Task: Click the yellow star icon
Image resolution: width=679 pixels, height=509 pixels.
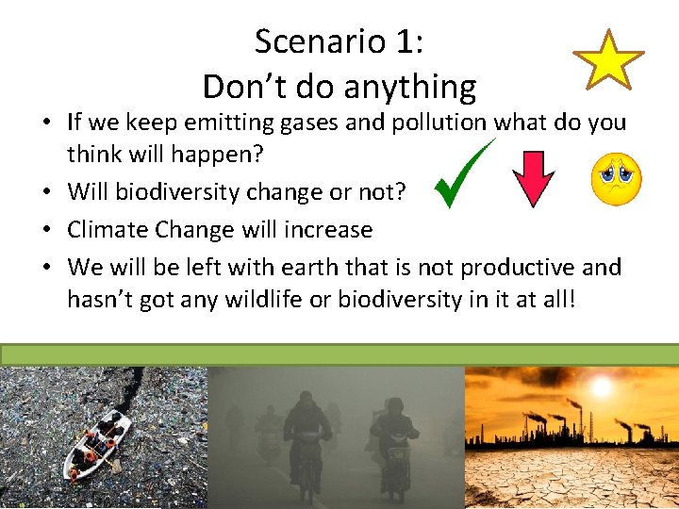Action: pos(609,60)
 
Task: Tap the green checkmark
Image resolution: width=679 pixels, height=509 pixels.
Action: pos(464,174)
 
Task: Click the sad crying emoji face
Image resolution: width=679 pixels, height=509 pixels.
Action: pos(617,179)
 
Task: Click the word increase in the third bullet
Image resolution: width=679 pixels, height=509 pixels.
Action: pos(331,229)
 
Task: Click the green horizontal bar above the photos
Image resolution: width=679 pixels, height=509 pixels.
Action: pos(339,353)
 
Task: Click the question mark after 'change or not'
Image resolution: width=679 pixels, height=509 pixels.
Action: pos(401,191)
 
